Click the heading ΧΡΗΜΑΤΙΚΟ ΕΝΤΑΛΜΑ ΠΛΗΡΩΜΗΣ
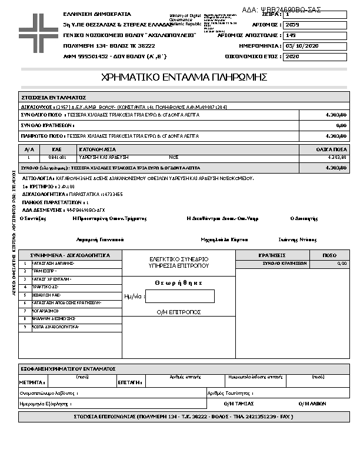click(185, 77)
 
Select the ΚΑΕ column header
click(57, 149)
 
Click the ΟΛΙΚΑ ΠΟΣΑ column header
click(332, 149)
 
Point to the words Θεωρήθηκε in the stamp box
click(179, 282)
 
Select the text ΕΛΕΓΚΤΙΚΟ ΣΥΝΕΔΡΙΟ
click(179, 259)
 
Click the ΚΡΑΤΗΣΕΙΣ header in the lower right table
click(272, 255)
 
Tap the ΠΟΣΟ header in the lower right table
click(330, 255)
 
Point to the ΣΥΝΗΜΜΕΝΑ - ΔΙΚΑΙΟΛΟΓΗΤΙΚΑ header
click(70, 255)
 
